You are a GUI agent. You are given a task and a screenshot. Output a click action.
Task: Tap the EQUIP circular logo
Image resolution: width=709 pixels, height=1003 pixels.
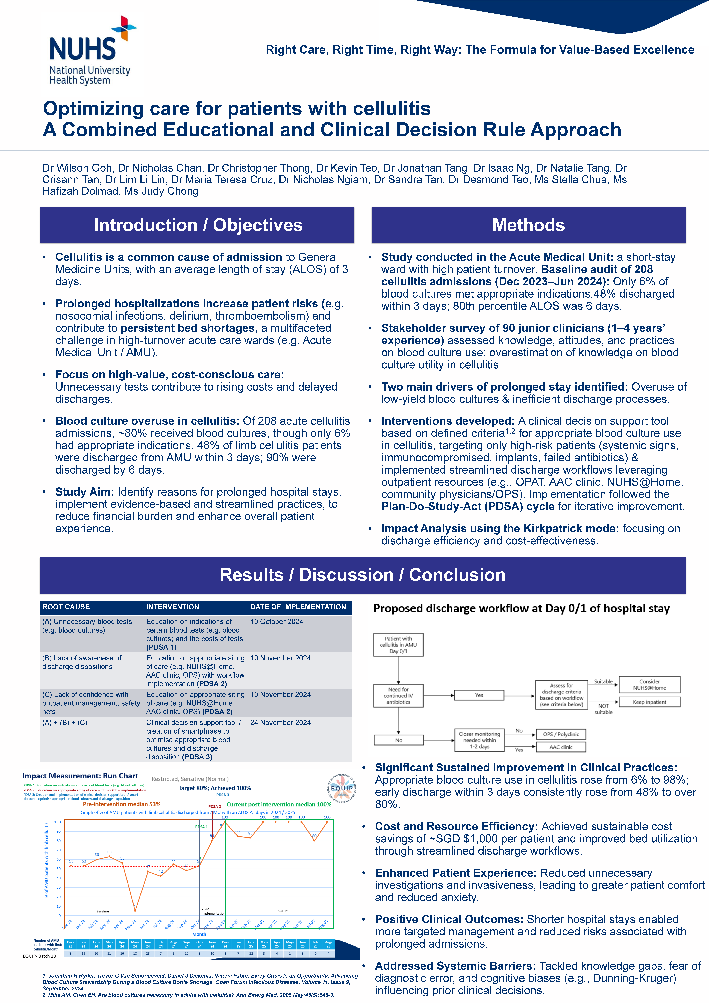coord(342,789)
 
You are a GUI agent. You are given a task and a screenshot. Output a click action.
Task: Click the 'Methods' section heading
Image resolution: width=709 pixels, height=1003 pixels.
coord(528,225)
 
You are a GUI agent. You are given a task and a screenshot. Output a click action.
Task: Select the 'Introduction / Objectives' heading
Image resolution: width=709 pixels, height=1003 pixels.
coord(198,225)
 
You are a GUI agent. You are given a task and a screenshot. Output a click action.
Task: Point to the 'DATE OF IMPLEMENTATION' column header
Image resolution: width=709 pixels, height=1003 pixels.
coord(298,607)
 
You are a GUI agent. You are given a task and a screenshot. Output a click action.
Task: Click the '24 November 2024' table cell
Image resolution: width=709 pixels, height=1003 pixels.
coord(280,723)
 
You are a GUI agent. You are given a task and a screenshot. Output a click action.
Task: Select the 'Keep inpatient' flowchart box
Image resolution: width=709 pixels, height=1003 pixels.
coord(649,702)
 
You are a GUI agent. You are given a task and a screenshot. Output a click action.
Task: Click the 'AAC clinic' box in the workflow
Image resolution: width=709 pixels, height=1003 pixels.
coord(561,747)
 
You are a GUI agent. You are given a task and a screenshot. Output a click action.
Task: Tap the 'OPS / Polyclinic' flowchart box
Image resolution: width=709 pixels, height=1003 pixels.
coord(561,734)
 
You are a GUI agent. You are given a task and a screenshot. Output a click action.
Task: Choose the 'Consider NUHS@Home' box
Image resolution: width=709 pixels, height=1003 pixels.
coord(649,684)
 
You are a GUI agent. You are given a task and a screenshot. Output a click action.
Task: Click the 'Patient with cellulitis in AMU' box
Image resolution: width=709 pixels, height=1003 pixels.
coord(398,645)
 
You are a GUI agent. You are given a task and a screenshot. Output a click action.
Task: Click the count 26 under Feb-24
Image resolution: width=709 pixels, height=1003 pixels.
coord(96,954)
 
